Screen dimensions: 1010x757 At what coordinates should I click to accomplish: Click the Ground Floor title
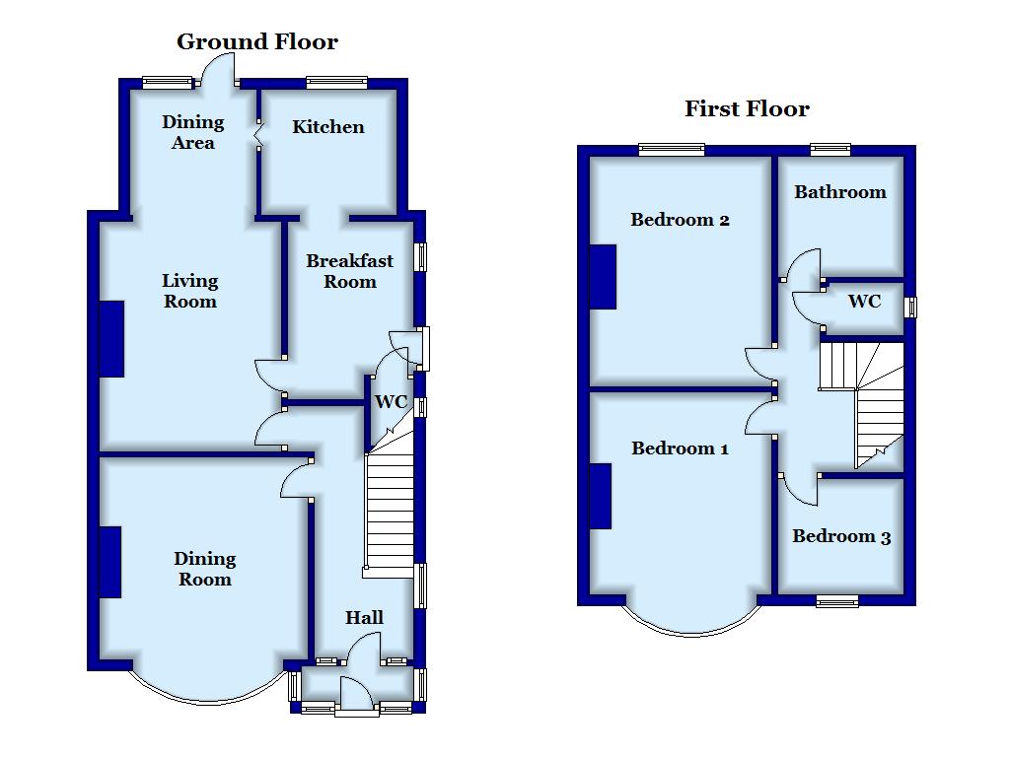tap(257, 42)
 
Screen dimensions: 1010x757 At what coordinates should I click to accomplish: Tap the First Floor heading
tap(747, 108)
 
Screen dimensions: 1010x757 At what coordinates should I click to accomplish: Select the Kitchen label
tap(327, 127)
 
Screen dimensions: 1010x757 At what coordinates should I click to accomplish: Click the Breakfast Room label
tap(349, 271)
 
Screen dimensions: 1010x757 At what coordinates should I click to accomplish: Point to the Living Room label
tap(190, 291)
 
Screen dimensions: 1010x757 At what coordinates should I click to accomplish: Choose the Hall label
tap(364, 617)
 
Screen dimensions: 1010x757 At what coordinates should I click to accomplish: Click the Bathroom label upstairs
tap(840, 192)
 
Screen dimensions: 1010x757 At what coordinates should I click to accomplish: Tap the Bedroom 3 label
tap(841, 536)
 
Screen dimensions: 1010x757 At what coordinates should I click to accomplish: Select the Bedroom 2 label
tap(680, 220)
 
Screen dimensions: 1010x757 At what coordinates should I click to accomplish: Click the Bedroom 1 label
tap(680, 448)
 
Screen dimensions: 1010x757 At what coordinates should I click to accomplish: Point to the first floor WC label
tap(864, 302)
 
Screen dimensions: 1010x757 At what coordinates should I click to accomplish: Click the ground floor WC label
tap(391, 402)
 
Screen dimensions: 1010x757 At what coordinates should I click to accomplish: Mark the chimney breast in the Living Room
tap(111, 339)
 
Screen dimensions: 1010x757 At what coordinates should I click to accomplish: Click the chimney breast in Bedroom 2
tap(604, 277)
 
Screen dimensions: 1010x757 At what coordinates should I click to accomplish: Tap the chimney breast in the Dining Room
tap(110, 562)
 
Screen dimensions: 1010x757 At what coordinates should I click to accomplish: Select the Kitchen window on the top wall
tap(337, 83)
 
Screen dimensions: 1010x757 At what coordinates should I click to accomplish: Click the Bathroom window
tap(830, 150)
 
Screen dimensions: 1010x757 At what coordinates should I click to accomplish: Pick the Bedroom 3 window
tap(837, 601)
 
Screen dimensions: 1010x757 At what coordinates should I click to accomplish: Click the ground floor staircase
tap(389, 509)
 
